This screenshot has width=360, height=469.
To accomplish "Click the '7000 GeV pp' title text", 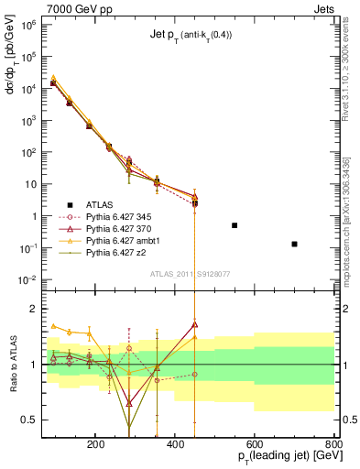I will point(37,7).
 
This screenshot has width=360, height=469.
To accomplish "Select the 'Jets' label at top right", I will point(323,7).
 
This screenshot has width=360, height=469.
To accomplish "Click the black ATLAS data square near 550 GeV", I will point(235,225).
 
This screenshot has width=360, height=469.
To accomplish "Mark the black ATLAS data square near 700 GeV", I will point(294,244).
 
